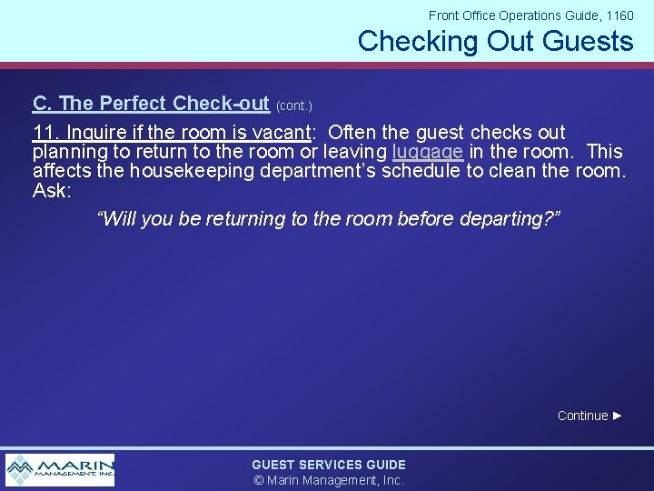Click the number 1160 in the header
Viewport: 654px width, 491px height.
(619, 15)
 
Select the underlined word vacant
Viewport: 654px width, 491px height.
(280, 133)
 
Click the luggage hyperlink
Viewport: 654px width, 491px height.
(428, 151)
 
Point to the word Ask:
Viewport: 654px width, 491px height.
(51, 189)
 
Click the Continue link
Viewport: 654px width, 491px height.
(582, 416)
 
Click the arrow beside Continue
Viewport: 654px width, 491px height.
(618, 416)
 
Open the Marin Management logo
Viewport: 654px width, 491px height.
(60, 470)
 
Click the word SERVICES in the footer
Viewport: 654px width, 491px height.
(330, 465)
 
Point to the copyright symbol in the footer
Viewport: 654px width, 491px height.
(258, 480)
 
